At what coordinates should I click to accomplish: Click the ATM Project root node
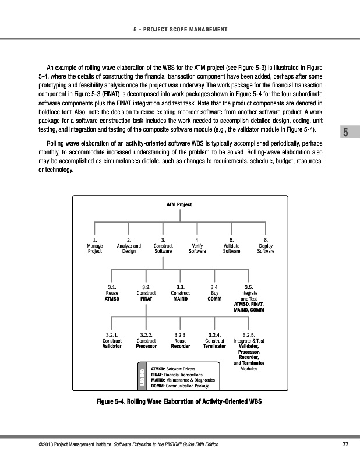point(179,204)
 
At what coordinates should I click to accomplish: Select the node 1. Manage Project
point(94,246)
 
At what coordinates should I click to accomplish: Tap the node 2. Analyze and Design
point(129,246)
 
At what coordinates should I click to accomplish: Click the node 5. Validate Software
point(232,246)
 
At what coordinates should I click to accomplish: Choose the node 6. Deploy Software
point(266,246)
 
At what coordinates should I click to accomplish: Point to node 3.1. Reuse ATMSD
point(112,293)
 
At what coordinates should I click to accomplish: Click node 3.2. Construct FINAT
point(146,293)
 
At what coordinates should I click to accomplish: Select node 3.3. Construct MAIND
point(181,293)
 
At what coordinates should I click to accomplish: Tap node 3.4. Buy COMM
point(214,293)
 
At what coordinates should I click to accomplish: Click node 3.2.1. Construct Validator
point(112,340)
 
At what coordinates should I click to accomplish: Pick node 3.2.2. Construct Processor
point(146,340)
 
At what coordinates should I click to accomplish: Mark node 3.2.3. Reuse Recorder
point(181,340)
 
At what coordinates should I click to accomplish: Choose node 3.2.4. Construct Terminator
point(214,340)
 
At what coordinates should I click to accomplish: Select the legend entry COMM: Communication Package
point(180,386)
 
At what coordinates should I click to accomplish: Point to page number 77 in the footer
point(345,446)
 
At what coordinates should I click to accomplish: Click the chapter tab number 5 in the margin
point(346,133)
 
